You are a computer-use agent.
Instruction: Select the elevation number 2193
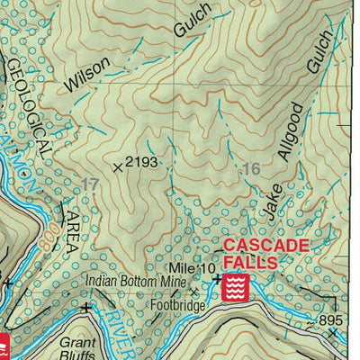pyautogui.click(x=141, y=164)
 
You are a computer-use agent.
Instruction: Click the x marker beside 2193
pyautogui.click(x=117, y=166)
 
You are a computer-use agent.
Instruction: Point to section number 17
pyautogui.click(x=88, y=184)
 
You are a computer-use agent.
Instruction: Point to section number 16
pyautogui.click(x=251, y=168)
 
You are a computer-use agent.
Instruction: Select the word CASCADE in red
pyautogui.click(x=264, y=245)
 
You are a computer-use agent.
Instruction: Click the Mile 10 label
pyautogui.click(x=190, y=268)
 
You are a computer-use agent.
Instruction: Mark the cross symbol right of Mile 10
pyautogui.click(x=217, y=278)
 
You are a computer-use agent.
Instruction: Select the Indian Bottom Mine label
pyautogui.click(x=136, y=281)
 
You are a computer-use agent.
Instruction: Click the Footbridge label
pyautogui.click(x=177, y=304)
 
